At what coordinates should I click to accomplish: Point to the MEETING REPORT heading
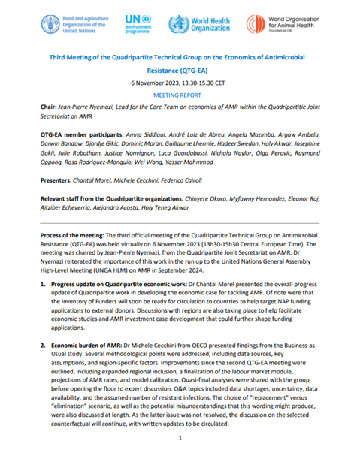(180, 95)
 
